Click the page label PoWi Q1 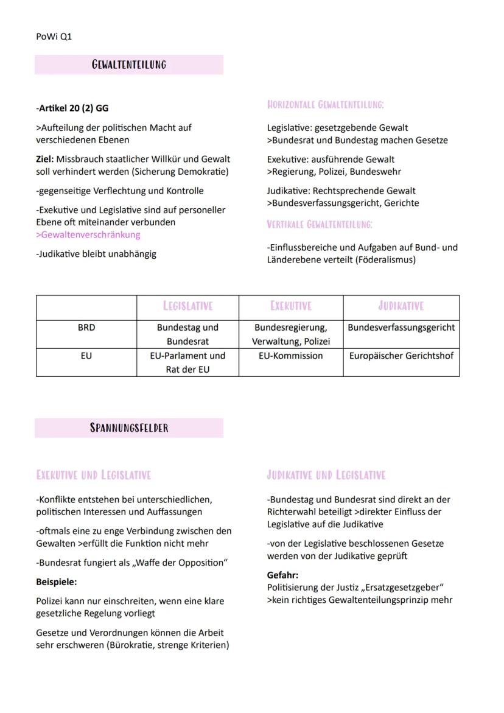coord(54,37)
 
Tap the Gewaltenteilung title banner coord(129,65)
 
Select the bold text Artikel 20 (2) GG coord(73,108)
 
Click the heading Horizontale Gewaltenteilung coord(326,105)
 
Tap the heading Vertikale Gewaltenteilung coord(320,224)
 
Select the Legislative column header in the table coord(187,306)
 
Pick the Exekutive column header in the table coord(291,306)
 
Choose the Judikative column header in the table coord(401,306)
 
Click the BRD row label coord(86,328)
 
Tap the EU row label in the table coord(86,356)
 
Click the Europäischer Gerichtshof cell coord(401,356)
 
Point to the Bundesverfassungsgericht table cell coord(401,328)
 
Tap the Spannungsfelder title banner coord(129,427)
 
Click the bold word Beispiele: coord(57,582)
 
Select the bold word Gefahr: coord(282,575)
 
